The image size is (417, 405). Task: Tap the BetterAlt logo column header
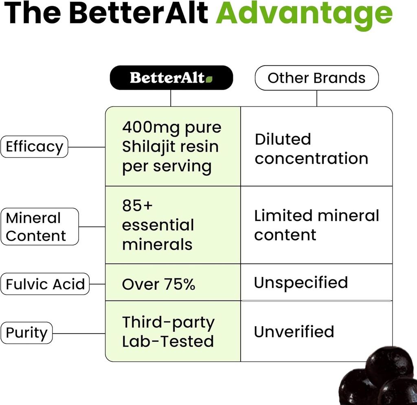tap(171, 77)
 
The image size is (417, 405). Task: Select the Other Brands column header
tap(316, 77)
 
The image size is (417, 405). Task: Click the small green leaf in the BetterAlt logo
tap(209, 79)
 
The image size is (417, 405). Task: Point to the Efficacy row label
tap(34, 147)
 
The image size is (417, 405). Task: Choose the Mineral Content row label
tap(40, 227)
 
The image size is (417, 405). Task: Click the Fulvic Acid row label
tap(45, 284)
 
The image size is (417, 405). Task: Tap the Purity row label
tap(26, 333)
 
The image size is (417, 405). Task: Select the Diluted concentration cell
tap(311, 148)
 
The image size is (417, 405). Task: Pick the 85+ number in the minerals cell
tap(137, 206)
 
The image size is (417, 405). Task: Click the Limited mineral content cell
tap(316, 225)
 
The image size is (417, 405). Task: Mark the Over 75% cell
tap(158, 284)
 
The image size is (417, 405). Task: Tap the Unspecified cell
tap(301, 282)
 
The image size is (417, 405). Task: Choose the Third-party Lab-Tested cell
tap(168, 332)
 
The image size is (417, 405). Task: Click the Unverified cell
tap(294, 332)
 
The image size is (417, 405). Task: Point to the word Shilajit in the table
tap(148, 147)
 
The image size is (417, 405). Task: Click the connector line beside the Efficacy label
tap(86, 147)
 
